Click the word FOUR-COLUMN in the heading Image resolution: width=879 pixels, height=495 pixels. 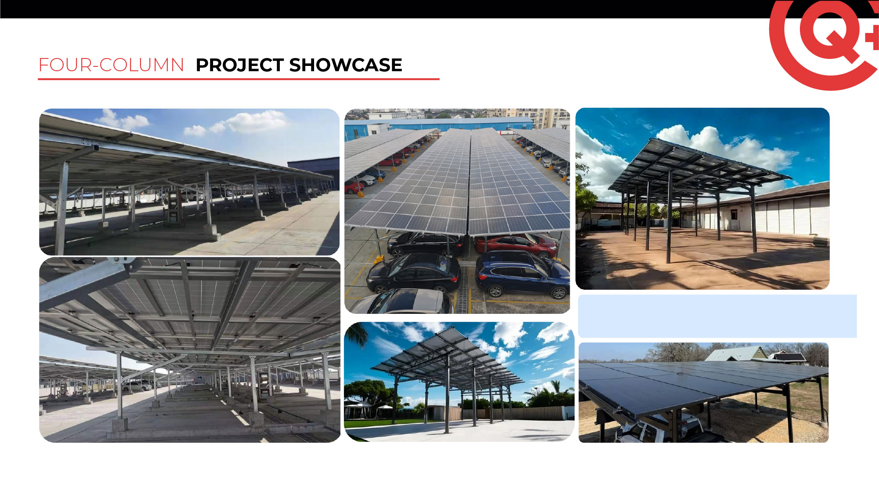(111, 65)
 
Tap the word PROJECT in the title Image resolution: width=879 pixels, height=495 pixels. (240, 65)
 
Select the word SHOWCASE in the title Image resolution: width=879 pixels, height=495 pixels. (346, 65)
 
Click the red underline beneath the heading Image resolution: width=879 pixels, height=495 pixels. (239, 79)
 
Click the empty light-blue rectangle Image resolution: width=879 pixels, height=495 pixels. (717, 316)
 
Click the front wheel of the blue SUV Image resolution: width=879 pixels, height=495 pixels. (495, 291)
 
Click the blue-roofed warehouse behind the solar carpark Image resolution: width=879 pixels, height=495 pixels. (439, 124)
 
